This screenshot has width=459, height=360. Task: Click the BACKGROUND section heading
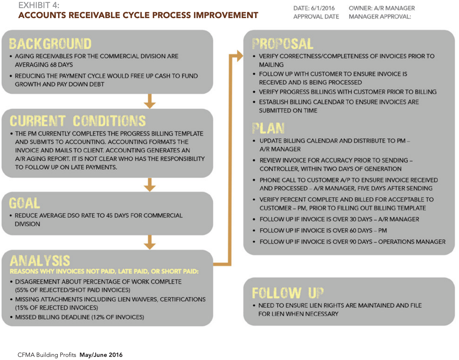(50, 44)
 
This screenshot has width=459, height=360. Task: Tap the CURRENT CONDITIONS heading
(78, 121)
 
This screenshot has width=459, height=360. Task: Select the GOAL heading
(24, 203)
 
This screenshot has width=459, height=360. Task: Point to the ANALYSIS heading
(40, 260)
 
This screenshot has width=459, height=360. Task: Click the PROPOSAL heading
(283, 44)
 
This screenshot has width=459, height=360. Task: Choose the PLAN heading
(268, 128)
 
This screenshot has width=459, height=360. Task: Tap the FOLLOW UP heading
(288, 293)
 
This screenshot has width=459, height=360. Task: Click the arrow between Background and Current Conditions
(150, 101)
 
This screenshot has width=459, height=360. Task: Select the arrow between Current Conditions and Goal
(150, 185)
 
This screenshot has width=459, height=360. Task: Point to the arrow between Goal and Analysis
(150, 242)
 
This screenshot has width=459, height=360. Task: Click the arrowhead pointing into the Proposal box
(240, 56)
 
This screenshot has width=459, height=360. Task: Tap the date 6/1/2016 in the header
(323, 8)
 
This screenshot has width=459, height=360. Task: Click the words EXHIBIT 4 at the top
(39, 5)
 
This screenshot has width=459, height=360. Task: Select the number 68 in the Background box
(53, 65)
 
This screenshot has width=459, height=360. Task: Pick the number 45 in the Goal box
(109, 216)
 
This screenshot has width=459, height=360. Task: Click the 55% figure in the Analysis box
(22, 290)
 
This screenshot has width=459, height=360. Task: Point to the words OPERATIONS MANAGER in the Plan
(412, 242)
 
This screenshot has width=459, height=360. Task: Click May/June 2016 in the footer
(101, 355)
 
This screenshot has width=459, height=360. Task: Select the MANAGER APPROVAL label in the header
(380, 17)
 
